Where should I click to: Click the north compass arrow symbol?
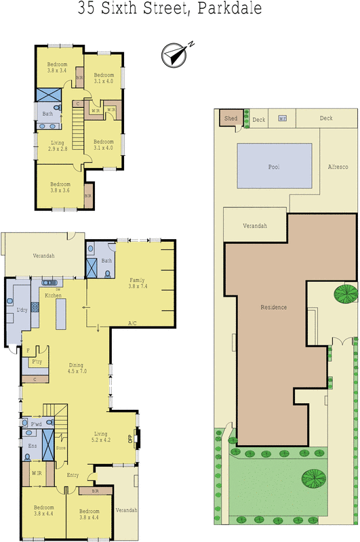[x=174, y=54]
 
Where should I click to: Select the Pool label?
[x=274, y=166]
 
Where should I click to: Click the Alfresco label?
[x=338, y=166]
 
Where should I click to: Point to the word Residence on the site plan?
[x=274, y=307]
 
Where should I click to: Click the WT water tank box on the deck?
[x=282, y=119]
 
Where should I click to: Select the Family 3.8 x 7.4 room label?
[x=142, y=284]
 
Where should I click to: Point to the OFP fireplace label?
[x=131, y=438]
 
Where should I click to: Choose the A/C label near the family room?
[x=132, y=323]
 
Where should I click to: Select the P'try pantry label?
[x=38, y=363]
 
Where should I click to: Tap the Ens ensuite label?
[x=32, y=446]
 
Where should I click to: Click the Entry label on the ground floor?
[x=73, y=475]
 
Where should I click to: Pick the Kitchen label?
[x=54, y=295]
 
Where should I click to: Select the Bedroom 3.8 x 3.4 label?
[x=57, y=67]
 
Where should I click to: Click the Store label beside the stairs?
[x=60, y=447]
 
